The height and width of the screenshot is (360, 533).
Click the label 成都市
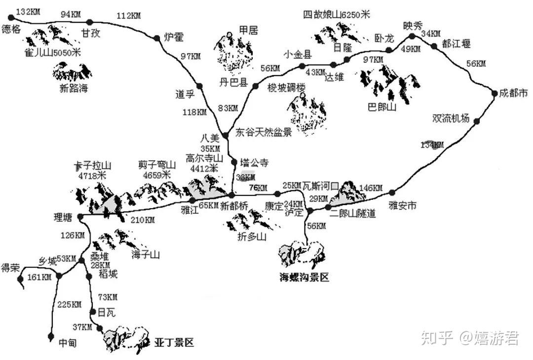point(513,93)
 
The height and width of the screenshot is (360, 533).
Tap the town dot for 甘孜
point(89,22)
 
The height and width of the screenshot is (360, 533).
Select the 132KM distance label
point(28,11)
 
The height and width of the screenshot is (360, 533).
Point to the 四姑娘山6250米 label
point(336,15)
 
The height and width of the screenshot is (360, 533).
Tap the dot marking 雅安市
point(392,192)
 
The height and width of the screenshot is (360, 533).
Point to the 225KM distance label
point(69,304)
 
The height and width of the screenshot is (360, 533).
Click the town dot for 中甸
point(51,336)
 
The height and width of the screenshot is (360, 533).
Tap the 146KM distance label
point(371,188)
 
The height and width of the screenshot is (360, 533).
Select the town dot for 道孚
point(200,86)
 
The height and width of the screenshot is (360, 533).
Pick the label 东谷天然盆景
point(264,132)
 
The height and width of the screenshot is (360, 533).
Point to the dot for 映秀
point(413,36)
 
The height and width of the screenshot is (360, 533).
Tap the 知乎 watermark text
point(436,338)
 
